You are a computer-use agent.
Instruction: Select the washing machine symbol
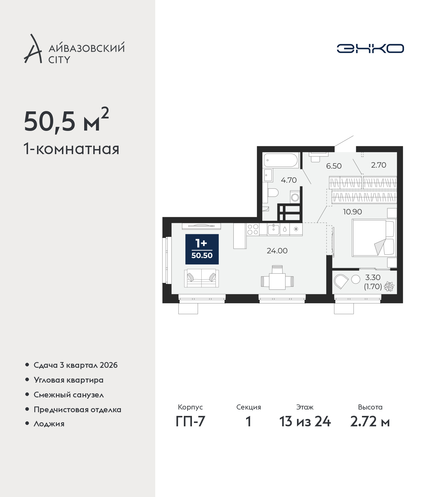click(295, 198)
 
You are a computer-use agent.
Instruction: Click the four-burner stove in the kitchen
click(253, 229)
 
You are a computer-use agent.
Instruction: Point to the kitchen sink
click(273, 229)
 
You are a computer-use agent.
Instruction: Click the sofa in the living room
click(201, 278)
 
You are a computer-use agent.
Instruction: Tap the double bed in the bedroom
click(374, 238)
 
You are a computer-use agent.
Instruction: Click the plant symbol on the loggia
click(389, 286)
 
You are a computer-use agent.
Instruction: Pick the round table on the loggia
click(356, 279)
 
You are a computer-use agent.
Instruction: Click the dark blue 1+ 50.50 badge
click(202, 249)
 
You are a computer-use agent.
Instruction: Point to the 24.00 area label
click(277, 251)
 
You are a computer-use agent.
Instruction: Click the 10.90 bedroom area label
click(352, 212)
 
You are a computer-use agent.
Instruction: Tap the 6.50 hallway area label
click(334, 166)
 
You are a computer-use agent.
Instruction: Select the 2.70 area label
click(378, 165)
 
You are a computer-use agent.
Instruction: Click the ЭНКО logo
click(370, 48)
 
